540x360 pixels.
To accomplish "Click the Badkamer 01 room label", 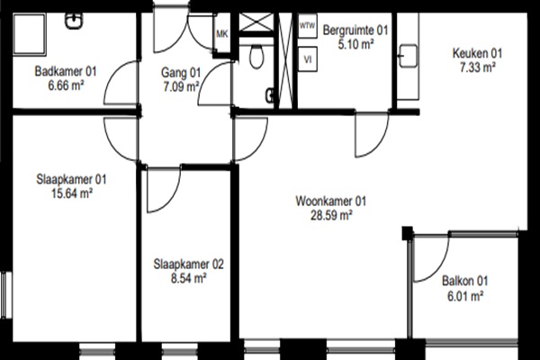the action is (66, 71).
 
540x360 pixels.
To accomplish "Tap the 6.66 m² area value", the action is (66, 85).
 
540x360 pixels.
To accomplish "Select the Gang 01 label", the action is (181, 73).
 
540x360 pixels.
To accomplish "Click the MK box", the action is (221, 34).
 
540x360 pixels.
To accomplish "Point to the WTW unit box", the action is (307, 26).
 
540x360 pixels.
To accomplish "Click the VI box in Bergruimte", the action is (308, 59).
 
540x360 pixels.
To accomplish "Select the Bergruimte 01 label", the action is (355, 31).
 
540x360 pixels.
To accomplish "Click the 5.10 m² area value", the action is (355, 44).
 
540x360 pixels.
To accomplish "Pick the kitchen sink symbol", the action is (408, 56).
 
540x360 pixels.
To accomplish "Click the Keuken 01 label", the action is (477, 53).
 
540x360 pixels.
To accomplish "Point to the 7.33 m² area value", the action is (477, 67).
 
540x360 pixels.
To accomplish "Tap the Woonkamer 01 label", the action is (330, 201).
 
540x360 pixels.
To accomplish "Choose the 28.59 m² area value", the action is (331, 216).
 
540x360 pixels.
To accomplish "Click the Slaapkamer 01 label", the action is (71, 179).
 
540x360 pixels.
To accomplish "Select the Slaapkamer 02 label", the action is (188, 265).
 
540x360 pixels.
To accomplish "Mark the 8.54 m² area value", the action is (188, 278).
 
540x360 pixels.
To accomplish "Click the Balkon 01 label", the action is (465, 281).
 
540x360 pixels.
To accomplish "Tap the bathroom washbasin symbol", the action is (74, 21).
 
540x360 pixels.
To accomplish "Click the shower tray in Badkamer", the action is (30, 34).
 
